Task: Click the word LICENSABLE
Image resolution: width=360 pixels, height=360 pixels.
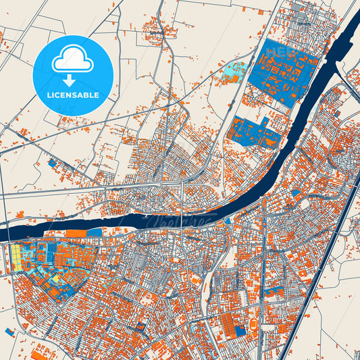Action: click(72, 95)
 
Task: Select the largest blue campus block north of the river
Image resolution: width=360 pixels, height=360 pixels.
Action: click(282, 71)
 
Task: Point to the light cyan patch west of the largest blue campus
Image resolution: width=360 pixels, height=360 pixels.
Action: click(234, 70)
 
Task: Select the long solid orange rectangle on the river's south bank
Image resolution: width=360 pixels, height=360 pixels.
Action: click(76, 233)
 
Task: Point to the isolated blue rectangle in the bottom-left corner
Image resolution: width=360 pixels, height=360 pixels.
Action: click(9, 332)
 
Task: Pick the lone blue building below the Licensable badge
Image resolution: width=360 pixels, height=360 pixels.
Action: click(52, 163)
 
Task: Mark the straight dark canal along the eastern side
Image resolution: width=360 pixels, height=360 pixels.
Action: click(324, 270)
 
